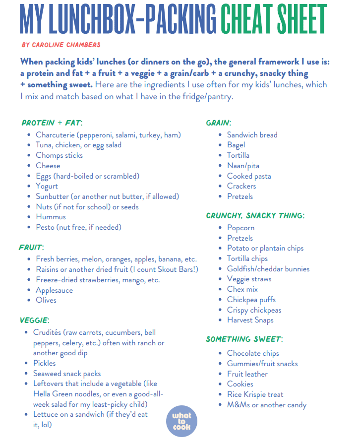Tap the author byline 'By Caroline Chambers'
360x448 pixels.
[x=61, y=45]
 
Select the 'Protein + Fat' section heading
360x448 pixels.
[x=52, y=123]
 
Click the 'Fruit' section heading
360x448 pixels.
[x=31, y=247]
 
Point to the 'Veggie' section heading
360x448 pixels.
[x=34, y=320]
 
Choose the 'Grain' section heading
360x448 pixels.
[x=218, y=123]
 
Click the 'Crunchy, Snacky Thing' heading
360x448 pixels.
[x=255, y=215]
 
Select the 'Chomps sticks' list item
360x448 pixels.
[x=59, y=155]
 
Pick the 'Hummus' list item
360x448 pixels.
[x=51, y=217]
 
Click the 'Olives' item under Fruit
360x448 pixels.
[x=46, y=300]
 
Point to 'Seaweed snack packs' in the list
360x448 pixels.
[x=67, y=374]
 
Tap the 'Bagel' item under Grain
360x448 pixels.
[x=236, y=145]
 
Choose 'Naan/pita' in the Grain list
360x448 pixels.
[x=243, y=166]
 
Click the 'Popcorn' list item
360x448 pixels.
[x=240, y=228]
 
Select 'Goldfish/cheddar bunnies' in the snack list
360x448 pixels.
[x=268, y=269]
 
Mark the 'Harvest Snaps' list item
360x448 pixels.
[x=250, y=320]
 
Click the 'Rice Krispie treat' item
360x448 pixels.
[x=255, y=394]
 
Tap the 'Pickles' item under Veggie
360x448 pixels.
[x=45, y=363]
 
